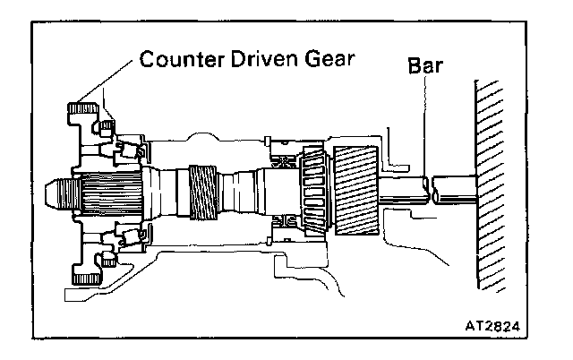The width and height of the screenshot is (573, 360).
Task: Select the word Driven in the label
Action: [258, 62]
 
